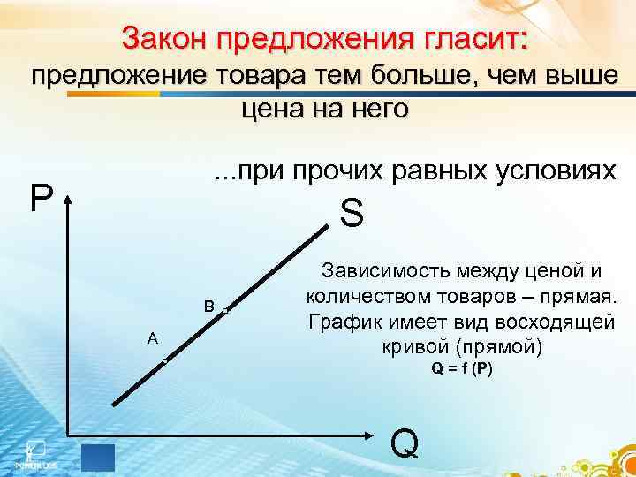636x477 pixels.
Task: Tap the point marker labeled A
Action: coord(165,362)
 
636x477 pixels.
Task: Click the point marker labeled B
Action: coord(225,311)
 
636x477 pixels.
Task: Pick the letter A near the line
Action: coord(153,337)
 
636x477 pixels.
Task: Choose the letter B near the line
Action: coord(208,307)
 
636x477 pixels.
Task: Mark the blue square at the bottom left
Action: coord(98,457)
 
